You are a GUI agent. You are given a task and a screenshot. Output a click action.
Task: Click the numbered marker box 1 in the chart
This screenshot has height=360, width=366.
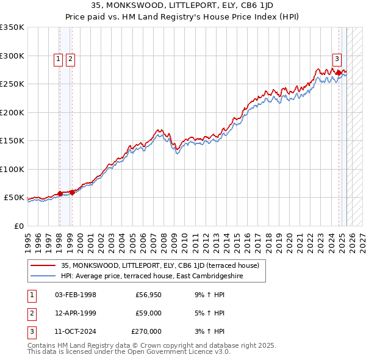click(59, 59)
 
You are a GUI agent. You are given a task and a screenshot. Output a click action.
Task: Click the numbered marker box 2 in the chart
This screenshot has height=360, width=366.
click(71, 59)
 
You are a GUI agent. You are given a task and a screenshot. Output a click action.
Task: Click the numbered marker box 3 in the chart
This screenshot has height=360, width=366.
click(337, 59)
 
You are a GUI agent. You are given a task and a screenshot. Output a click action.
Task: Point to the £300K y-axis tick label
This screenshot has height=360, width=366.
click(12, 56)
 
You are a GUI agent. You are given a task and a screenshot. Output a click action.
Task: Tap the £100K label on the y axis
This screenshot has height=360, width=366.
click(12, 169)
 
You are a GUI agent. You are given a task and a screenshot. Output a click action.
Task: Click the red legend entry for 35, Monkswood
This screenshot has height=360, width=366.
click(160, 265)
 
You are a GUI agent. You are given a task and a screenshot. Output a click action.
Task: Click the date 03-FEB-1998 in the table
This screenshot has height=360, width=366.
click(75, 295)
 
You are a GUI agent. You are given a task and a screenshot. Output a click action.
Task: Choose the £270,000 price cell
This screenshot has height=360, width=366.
click(146, 331)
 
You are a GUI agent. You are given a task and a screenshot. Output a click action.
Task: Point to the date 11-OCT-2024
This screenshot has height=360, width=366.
click(75, 331)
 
